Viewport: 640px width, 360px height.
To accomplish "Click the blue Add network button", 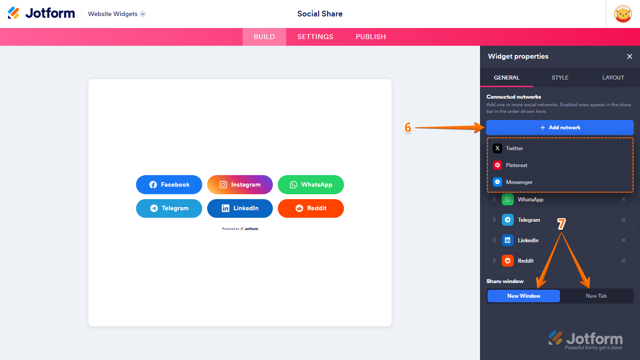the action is click(560, 128).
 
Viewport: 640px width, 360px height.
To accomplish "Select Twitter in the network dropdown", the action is click(514, 148).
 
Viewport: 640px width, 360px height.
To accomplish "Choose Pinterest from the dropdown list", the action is click(516, 165).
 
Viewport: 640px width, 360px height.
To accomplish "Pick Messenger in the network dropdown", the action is click(519, 182).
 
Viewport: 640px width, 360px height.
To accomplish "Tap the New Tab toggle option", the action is click(596, 296).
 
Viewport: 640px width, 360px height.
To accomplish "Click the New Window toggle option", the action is click(524, 296).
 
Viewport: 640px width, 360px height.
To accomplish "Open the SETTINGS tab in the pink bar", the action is click(315, 37).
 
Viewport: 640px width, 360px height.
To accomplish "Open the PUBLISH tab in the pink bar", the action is click(371, 37).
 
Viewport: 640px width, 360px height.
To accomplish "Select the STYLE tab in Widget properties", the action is click(560, 78).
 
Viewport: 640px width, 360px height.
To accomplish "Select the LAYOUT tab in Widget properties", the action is click(613, 78).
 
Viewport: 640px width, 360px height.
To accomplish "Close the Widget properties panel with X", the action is click(629, 56).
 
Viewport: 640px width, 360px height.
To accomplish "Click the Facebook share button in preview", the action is click(169, 184).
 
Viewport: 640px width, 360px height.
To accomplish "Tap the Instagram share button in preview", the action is click(240, 184).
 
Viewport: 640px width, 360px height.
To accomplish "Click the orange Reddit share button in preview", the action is click(311, 208).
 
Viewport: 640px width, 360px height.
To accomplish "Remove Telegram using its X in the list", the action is click(624, 220).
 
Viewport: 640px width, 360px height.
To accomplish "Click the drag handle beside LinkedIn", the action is click(494, 240).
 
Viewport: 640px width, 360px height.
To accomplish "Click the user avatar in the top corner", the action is click(623, 14).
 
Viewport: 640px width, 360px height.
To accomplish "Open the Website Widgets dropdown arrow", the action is click(143, 14).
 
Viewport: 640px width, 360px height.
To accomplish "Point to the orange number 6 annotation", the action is click(408, 128).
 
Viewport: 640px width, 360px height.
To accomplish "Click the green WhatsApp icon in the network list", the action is click(508, 200).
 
